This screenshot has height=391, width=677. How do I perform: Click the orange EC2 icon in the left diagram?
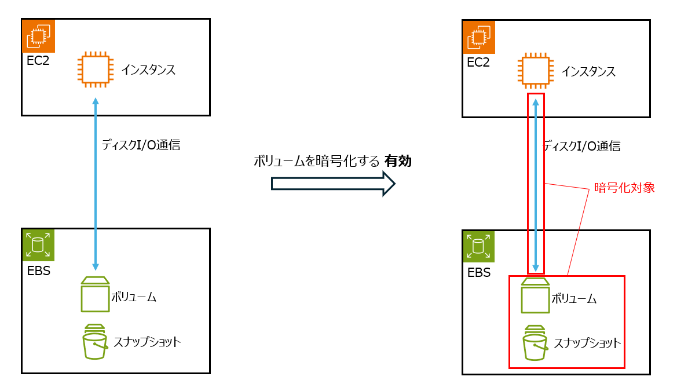point(38,36)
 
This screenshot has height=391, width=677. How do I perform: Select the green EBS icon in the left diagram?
point(38,245)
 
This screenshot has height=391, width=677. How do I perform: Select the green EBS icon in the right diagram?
point(478,247)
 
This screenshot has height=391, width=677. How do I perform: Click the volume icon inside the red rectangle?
point(536,296)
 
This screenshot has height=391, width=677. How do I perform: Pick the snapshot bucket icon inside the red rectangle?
point(535,344)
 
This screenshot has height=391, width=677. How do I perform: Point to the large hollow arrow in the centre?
point(333,184)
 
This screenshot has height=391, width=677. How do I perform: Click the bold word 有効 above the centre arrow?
point(398,162)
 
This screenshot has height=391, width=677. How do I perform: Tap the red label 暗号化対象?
point(625,188)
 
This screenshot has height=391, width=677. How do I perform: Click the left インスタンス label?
point(148,70)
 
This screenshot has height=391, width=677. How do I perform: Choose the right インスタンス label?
point(588,72)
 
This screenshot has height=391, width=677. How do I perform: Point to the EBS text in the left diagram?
point(38,270)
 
